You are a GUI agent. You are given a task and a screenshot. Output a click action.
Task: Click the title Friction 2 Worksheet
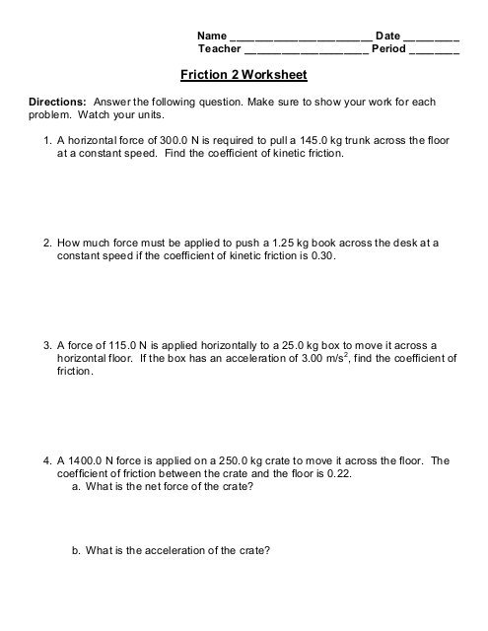[244, 74]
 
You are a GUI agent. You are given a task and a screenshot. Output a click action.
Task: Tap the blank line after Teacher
[305, 48]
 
